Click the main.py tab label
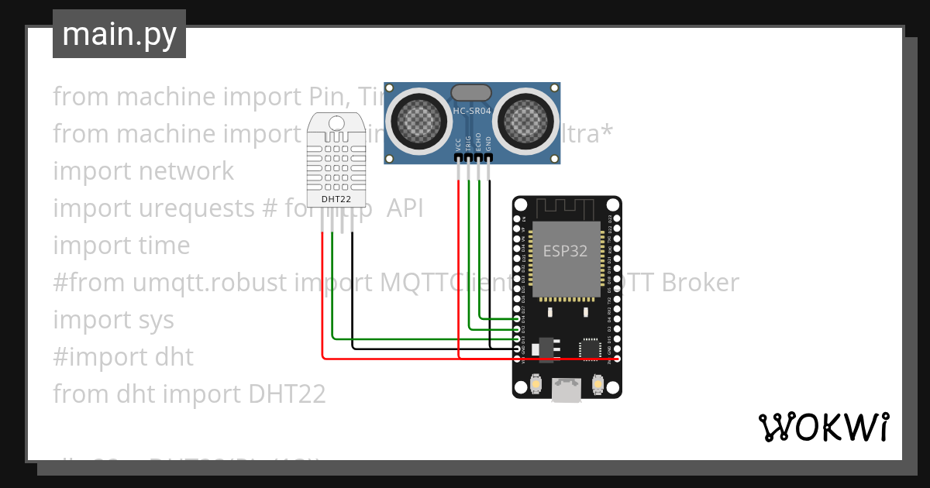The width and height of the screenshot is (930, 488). [x=119, y=34]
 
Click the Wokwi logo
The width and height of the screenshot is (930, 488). [x=822, y=427]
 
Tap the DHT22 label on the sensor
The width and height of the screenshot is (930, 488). [x=336, y=199]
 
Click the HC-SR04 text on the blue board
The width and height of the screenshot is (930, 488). [x=472, y=112]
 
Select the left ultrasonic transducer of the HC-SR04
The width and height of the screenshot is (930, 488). [x=418, y=119]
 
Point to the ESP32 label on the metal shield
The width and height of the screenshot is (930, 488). [x=564, y=251]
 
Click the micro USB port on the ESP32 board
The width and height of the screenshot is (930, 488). [x=567, y=390]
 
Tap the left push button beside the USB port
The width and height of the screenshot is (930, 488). [x=536, y=383]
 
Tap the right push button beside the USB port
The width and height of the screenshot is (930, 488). [x=598, y=383]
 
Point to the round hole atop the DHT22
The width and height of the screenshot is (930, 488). [x=336, y=122]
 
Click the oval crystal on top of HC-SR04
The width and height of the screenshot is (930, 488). [x=471, y=91]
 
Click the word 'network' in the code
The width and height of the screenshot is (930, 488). [x=187, y=170]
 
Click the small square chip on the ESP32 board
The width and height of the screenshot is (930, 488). [x=591, y=348]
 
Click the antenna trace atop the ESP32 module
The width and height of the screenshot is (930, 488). [x=566, y=208]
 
